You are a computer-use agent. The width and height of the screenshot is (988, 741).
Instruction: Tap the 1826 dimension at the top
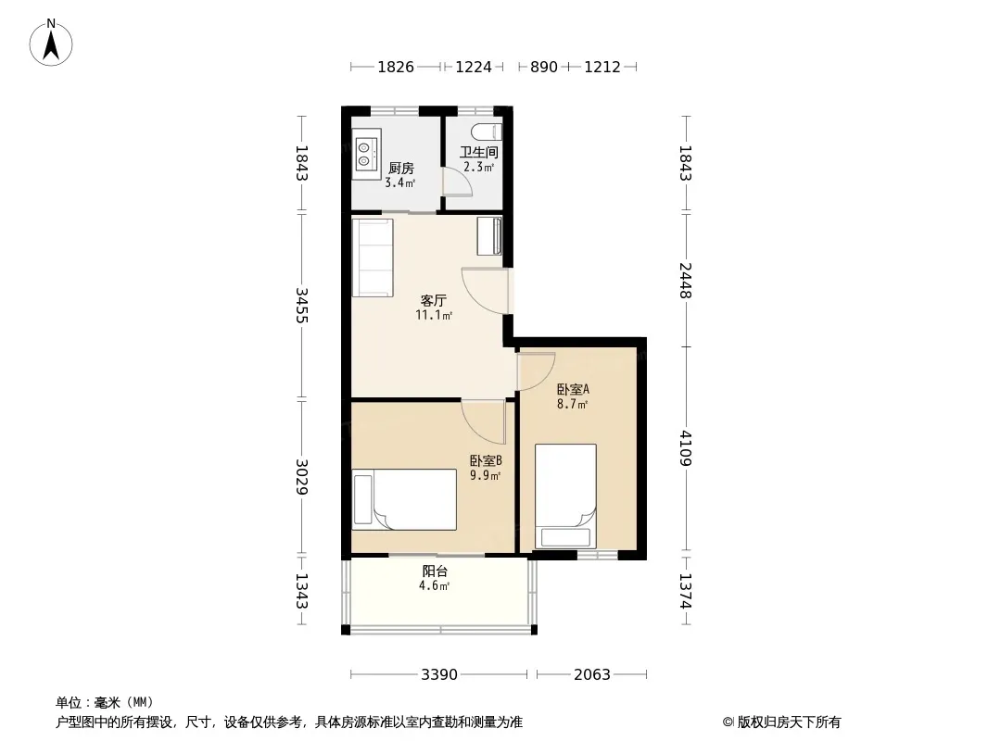(396, 67)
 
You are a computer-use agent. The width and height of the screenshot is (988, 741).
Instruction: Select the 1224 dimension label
(474, 67)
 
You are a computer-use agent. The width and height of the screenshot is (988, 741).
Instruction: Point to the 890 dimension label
(543, 67)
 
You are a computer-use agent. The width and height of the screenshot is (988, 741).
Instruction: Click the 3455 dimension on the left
(302, 306)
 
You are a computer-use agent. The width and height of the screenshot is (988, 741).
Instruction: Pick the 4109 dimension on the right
(686, 448)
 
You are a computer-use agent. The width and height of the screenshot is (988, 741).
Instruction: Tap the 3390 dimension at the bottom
(439, 675)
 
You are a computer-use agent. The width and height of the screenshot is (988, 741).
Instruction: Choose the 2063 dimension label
(591, 675)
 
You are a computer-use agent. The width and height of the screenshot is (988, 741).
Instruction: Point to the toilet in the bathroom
(487, 132)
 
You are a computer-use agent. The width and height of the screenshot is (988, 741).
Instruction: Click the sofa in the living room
(373, 257)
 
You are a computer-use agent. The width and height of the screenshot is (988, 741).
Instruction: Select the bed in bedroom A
(565, 496)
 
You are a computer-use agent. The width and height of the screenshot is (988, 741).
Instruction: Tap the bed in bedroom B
(404, 499)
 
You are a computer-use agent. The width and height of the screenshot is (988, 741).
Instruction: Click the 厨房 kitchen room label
(400, 168)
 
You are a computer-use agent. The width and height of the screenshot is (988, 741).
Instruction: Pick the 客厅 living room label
(434, 300)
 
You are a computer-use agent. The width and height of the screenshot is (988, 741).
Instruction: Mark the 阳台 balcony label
(435, 571)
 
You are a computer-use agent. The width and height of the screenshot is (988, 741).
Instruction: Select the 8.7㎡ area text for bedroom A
(572, 404)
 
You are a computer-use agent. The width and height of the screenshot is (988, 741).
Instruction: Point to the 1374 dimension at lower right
(686, 591)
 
